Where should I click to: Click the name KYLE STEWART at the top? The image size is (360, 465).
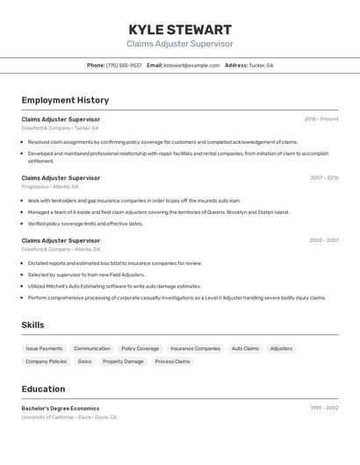[x=180, y=30]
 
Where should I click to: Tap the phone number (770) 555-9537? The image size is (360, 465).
[x=123, y=65]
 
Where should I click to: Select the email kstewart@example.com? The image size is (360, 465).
[x=191, y=65]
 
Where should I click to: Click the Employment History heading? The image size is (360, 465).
[x=65, y=100]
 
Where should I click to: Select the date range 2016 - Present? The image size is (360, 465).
[x=320, y=119]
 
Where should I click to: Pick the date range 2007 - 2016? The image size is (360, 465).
[x=324, y=178]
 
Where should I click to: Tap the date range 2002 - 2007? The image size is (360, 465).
[x=323, y=240]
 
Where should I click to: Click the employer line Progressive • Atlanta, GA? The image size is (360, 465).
[x=50, y=187]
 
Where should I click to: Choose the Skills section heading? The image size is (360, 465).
[x=32, y=325]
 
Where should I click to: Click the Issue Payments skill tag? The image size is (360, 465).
[x=44, y=348]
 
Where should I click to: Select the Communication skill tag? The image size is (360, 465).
[x=92, y=348]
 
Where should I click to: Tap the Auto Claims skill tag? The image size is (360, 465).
[x=245, y=348]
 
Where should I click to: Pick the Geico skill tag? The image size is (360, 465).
[x=84, y=361]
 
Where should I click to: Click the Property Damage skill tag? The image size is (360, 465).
[x=123, y=361]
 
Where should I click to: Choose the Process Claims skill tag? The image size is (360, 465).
[x=173, y=361]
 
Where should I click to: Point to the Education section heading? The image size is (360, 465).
[x=43, y=389]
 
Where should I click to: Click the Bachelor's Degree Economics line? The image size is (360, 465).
[x=61, y=408]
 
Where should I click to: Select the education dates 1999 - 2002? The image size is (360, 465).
[x=324, y=408]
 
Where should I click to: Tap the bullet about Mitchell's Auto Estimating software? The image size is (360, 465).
[x=114, y=286]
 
